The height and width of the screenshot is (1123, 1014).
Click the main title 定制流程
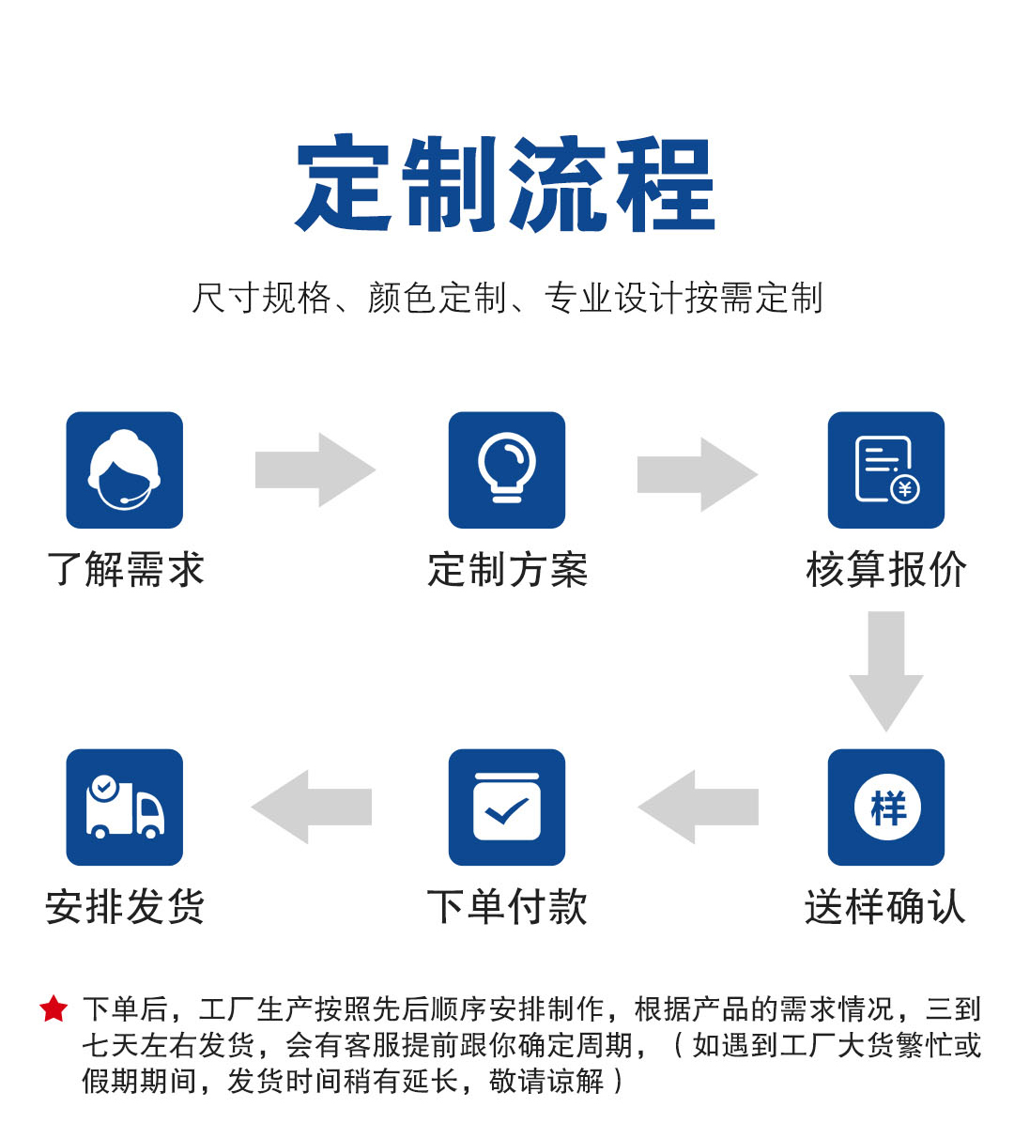pyautogui.click(x=506, y=183)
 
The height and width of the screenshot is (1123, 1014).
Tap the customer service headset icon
pyautogui.click(x=125, y=469)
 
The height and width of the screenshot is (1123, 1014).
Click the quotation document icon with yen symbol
pyautogui.click(x=886, y=469)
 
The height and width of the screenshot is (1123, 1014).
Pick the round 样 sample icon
pyautogui.click(x=886, y=808)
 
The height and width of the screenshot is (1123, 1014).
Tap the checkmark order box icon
pyautogui.click(x=507, y=808)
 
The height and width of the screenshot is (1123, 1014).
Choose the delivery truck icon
pyautogui.click(x=125, y=808)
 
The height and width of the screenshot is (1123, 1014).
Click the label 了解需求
pyautogui.click(x=125, y=570)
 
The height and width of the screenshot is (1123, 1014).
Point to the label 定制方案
pyautogui.click(x=508, y=570)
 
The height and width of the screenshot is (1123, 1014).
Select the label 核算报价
pyautogui.click(x=886, y=570)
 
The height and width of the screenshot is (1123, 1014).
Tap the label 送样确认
pyautogui.click(x=885, y=907)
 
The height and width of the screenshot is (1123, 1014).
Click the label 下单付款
pyautogui.click(x=508, y=907)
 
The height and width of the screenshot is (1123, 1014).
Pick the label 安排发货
pyautogui.click(x=125, y=907)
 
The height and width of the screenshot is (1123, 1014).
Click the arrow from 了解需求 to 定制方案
pyautogui.click(x=315, y=469)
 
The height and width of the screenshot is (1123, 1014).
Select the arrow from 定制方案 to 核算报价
pyautogui.click(x=698, y=474)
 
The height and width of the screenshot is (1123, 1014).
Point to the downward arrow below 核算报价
pyautogui.click(x=886, y=671)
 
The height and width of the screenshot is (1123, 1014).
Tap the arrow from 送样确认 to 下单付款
pyautogui.click(x=699, y=808)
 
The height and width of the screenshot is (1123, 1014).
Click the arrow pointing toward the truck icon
pyautogui.click(x=312, y=808)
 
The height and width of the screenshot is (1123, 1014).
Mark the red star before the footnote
pyautogui.click(x=54, y=1008)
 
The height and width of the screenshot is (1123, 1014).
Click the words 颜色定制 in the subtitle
pyautogui.click(x=438, y=298)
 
